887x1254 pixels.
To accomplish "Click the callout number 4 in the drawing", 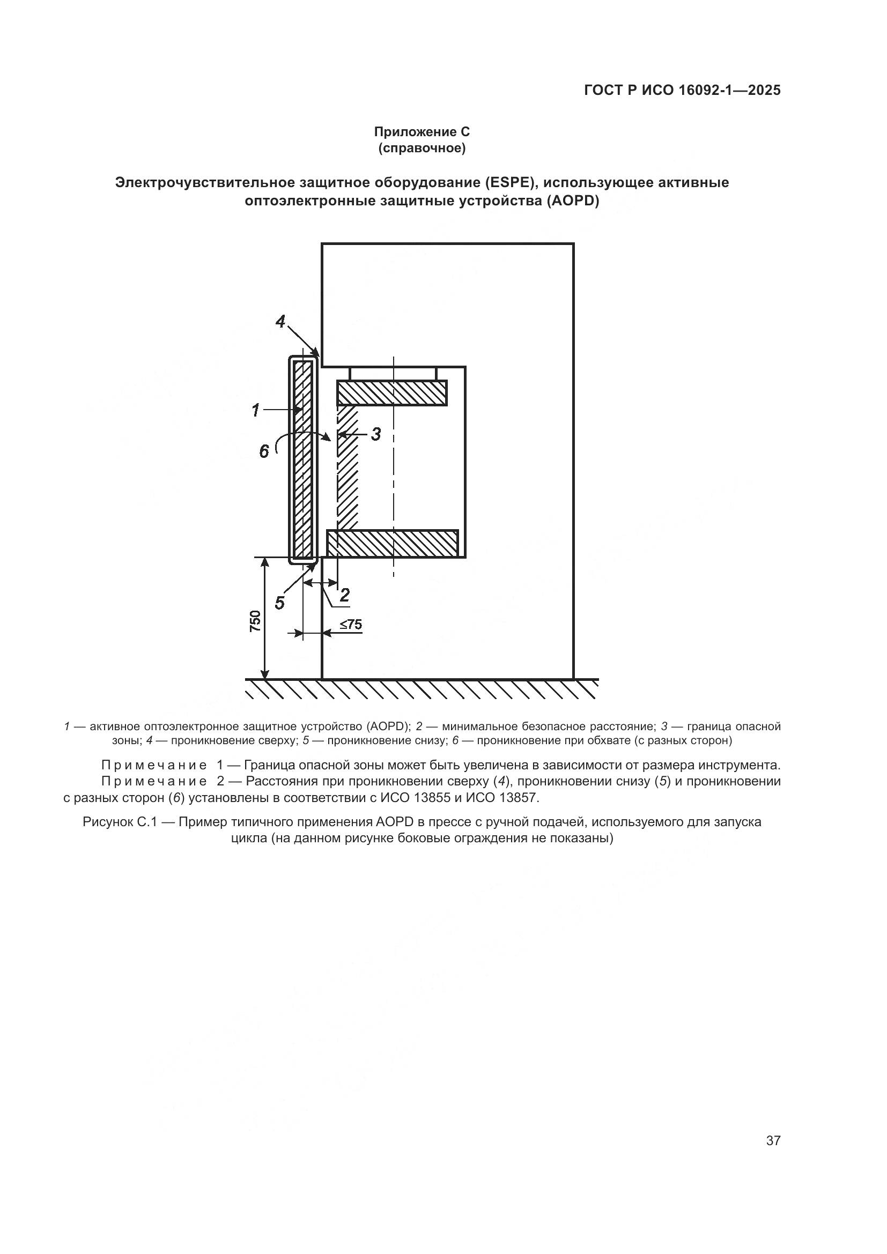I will (x=280, y=322).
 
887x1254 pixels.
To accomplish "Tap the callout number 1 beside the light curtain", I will (x=255, y=410).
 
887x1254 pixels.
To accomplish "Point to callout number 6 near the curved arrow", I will (x=264, y=451).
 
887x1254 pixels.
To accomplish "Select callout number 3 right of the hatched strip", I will (x=376, y=435).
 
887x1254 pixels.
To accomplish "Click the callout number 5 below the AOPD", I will (x=279, y=603).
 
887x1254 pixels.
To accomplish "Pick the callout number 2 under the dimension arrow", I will (x=345, y=595).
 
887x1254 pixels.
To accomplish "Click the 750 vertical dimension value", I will (x=256, y=621).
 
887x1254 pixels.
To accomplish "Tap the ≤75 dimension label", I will (x=351, y=624).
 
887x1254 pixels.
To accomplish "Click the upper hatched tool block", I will (x=391, y=392).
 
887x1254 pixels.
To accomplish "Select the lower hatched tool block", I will (x=392, y=544).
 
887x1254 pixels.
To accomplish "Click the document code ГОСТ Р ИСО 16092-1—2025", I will (x=682, y=91).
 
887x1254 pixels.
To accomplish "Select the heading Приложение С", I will (x=422, y=132).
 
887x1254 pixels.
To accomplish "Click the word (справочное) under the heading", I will (x=422, y=148).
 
